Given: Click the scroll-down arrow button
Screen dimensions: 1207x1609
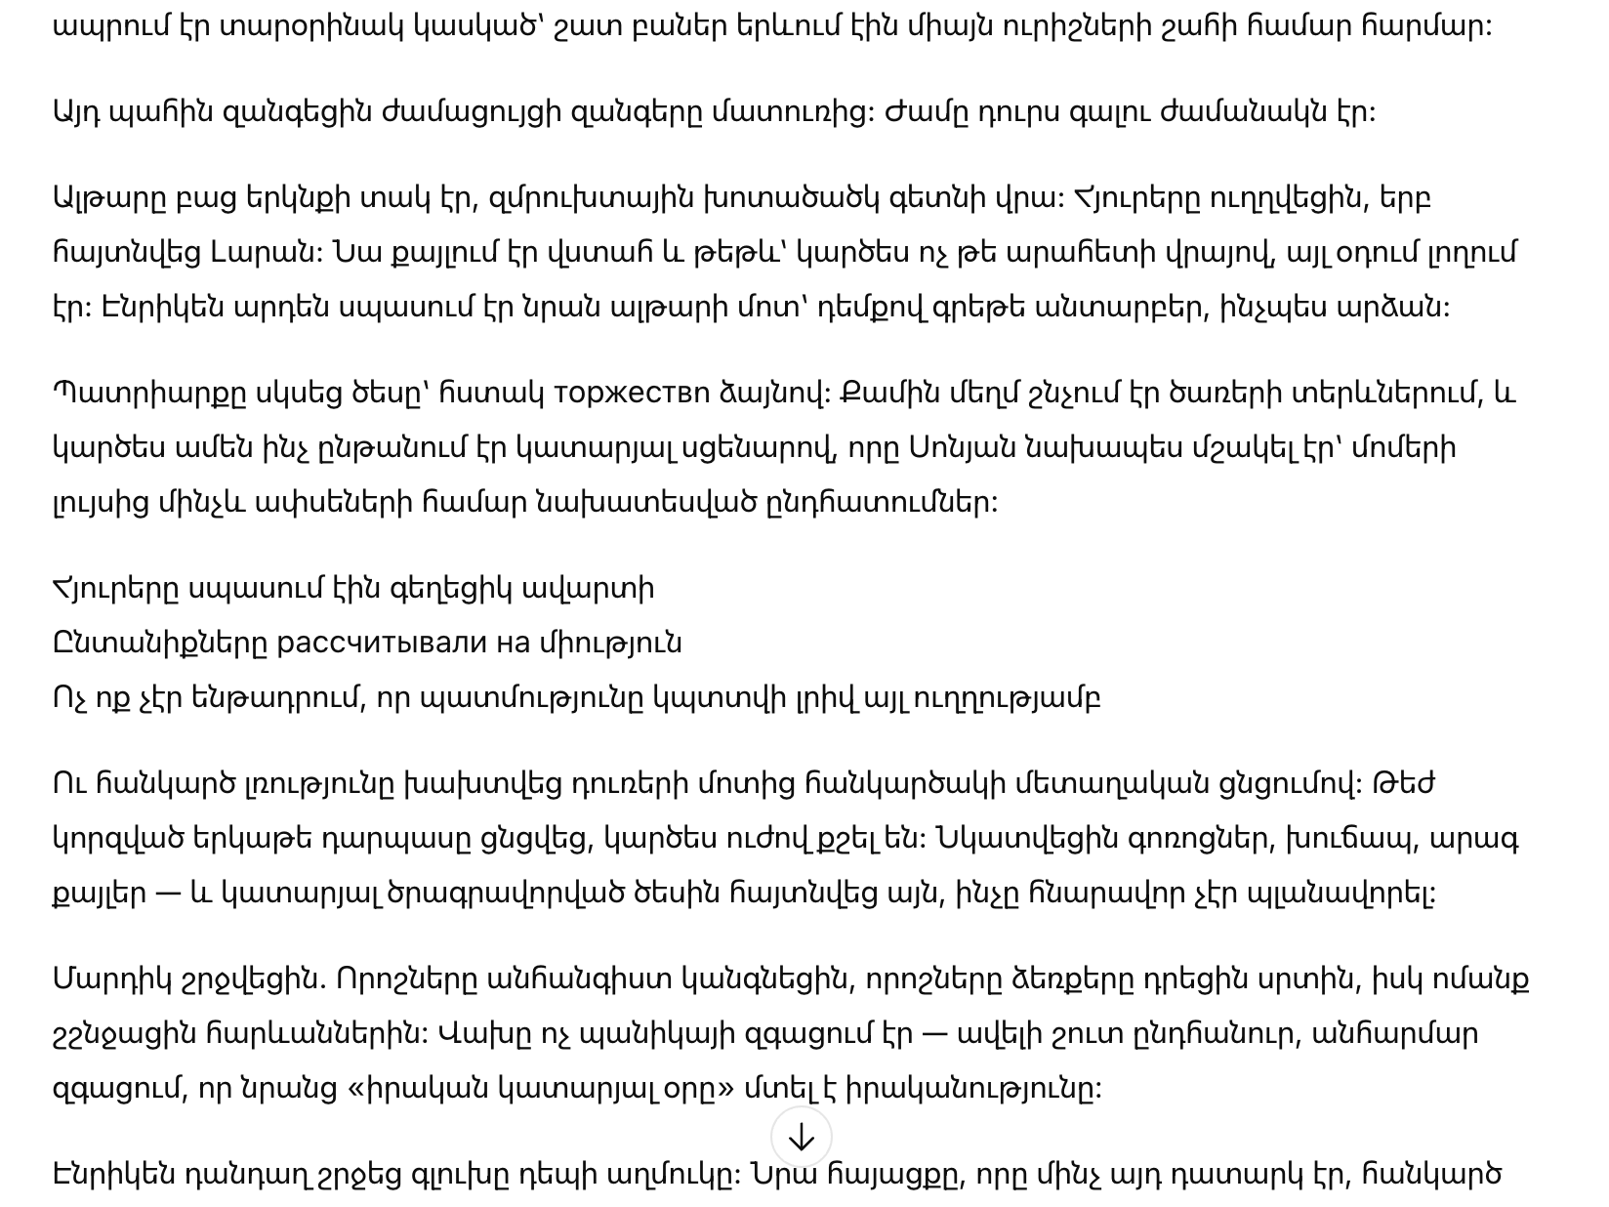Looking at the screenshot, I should (x=801, y=1137).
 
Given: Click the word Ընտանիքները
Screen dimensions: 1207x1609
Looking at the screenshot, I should (x=159, y=644).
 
